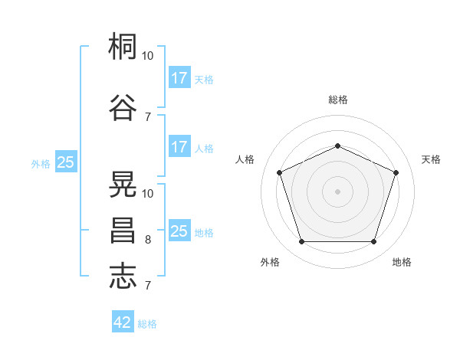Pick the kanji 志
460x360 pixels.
point(123,276)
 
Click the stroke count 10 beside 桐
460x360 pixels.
point(148,56)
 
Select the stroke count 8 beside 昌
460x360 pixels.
point(148,240)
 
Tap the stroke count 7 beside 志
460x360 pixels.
point(148,286)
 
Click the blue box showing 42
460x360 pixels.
point(123,322)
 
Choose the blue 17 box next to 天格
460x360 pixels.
point(179,78)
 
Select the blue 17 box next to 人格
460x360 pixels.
point(179,147)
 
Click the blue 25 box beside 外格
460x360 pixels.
point(66,162)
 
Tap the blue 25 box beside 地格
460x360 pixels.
point(179,231)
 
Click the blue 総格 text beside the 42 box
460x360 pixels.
point(147,324)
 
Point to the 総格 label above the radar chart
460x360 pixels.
point(338,100)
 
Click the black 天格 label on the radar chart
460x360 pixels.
point(432,159)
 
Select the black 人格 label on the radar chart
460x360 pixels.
point(245,159)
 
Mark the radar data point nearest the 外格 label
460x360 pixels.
point(301,242)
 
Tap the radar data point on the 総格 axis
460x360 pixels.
point(338,146)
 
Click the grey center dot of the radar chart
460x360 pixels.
point(338,191)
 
